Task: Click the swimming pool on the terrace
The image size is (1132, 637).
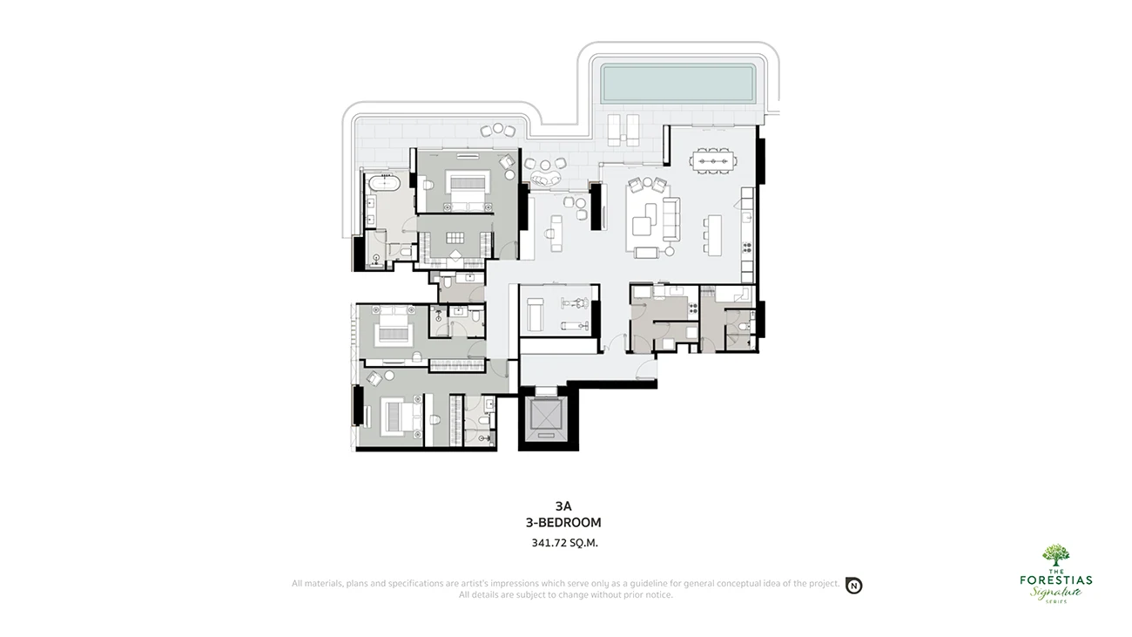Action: click(x=678, y=83)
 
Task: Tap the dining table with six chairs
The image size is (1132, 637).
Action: click(x=713, y=161)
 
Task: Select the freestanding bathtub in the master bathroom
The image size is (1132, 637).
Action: click(x=384, y=182)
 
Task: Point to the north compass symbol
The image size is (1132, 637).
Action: click(x=854, y=586)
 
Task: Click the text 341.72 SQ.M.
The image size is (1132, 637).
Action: click(x=564, y=543)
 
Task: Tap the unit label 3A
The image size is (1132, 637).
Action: click(x=563, y=506)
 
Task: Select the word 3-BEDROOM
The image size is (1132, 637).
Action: click(x=563, y=523)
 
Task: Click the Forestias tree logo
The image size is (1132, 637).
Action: click(x=1055, y=556)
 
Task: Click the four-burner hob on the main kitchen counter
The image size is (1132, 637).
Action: click(x=747, y=247)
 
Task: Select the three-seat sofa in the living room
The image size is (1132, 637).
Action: click(x=671, y=219)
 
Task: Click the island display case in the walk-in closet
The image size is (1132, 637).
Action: click(x=455, y=238)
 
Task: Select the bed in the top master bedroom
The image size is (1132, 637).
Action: click(x=468, y=190)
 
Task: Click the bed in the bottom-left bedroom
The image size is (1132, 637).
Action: click(x=399, y=416)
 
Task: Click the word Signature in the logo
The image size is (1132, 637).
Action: click(x=1056, y=592)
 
